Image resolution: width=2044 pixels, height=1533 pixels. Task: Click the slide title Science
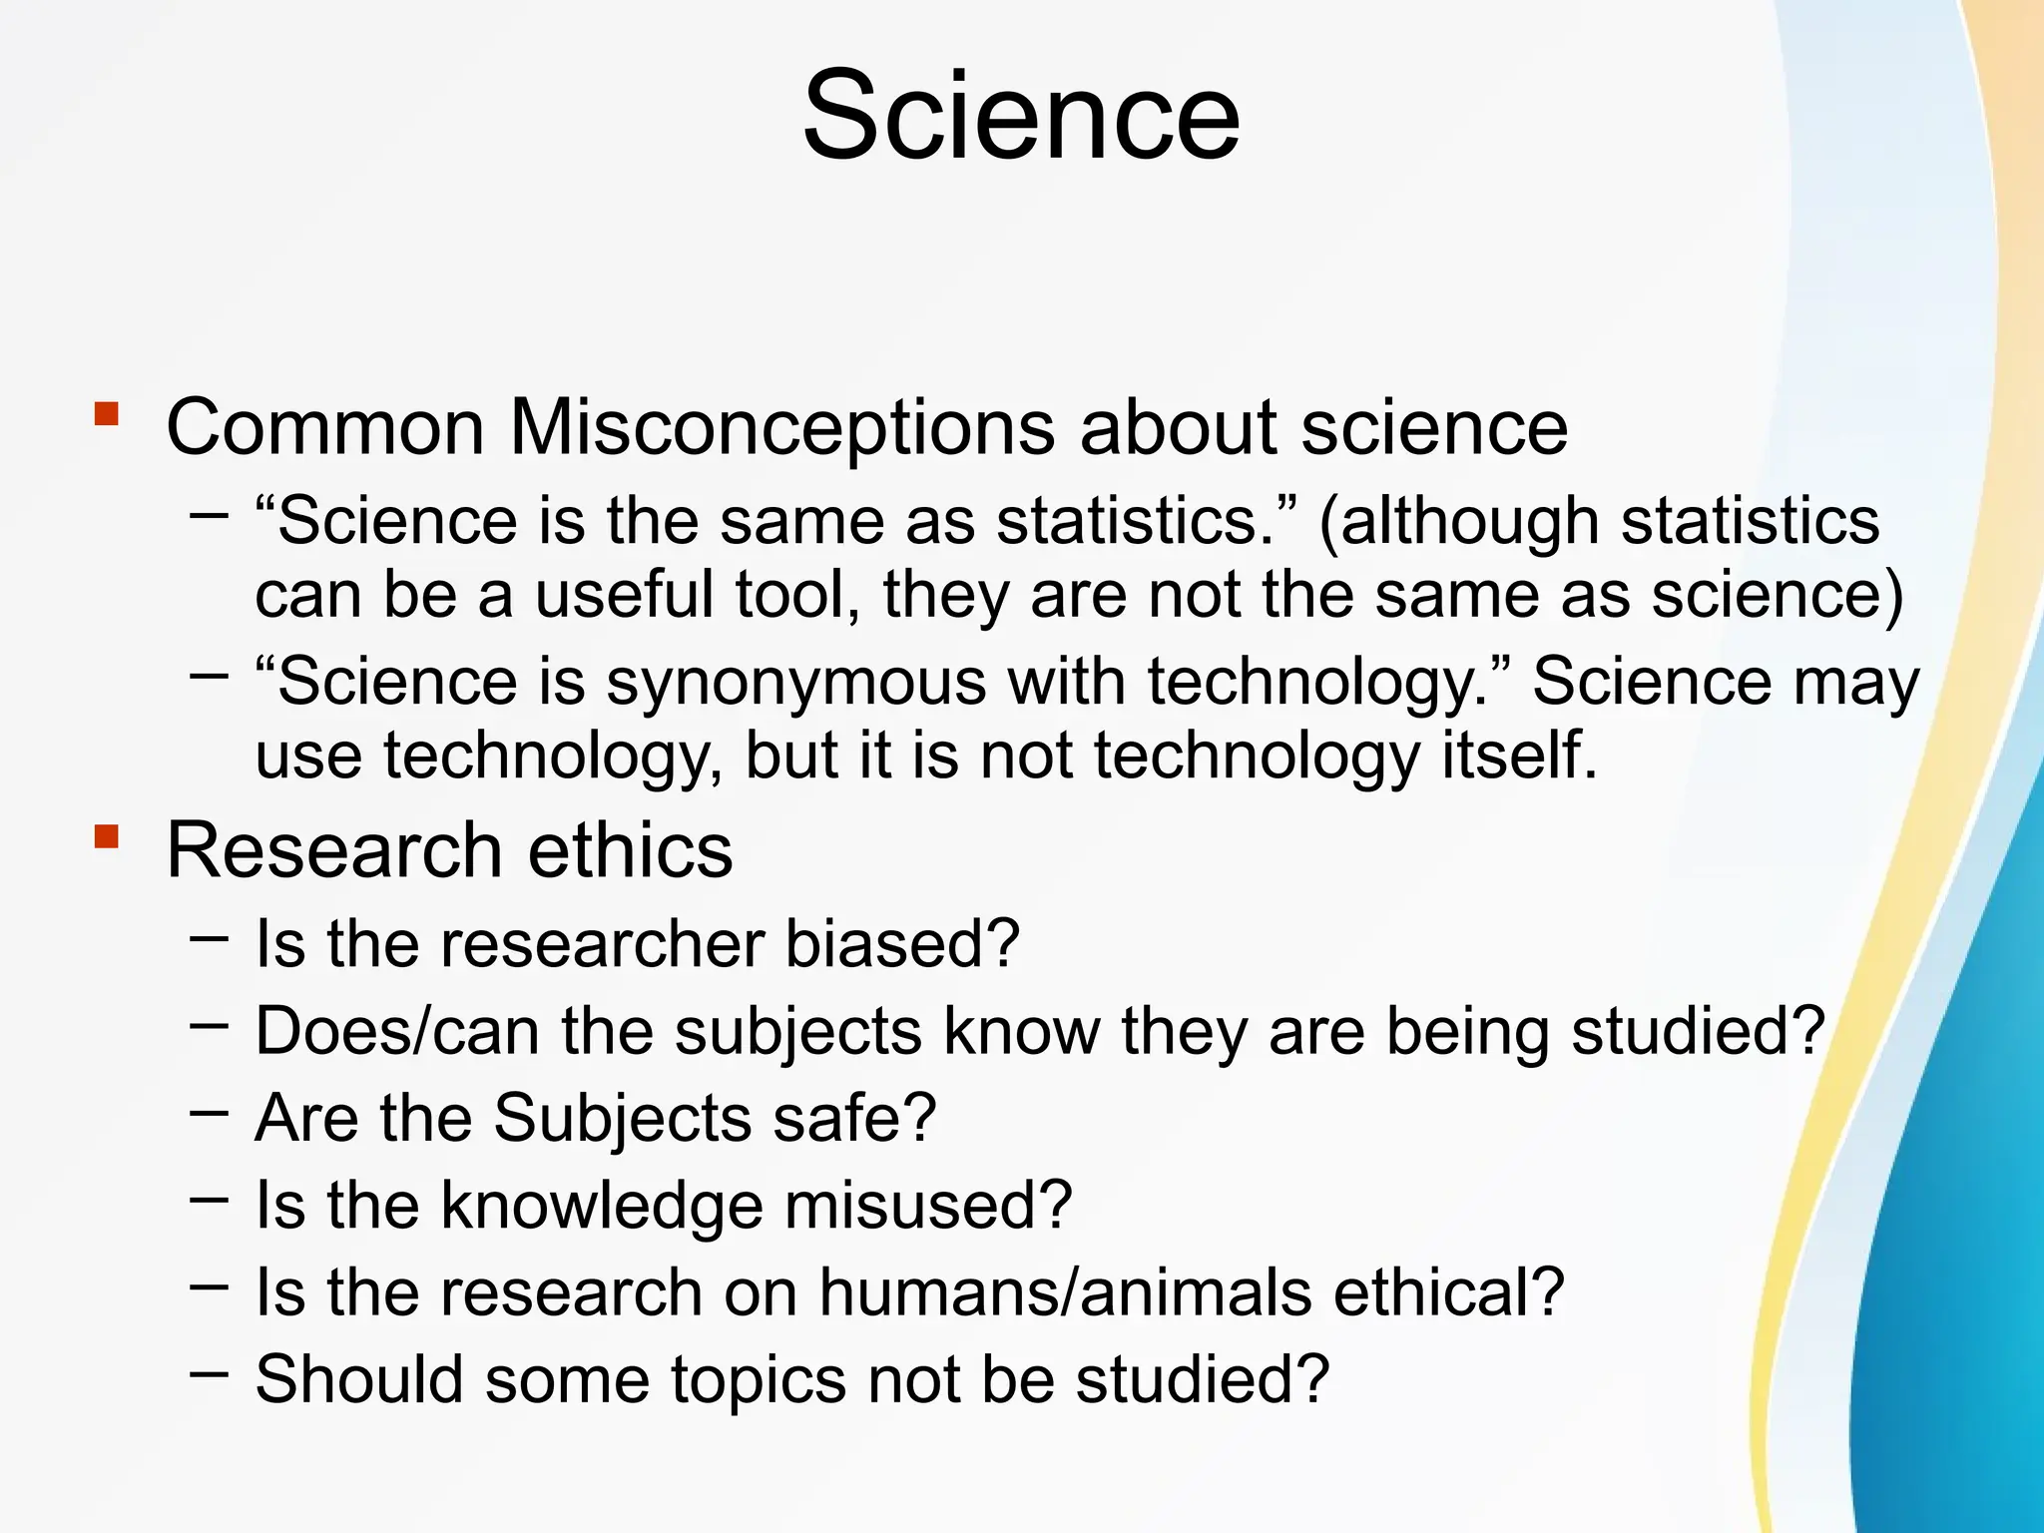pos(1021,115)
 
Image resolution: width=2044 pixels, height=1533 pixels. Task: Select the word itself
pos(1518,755)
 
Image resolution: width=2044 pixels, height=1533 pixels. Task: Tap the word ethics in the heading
pos(630,851)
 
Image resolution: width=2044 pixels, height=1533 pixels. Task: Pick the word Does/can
pos(397,1031)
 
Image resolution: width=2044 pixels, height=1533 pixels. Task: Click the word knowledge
pos(601,1206)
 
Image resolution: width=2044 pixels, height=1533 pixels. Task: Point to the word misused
pos(928,1206)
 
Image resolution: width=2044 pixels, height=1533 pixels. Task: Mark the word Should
pos(359,1380)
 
